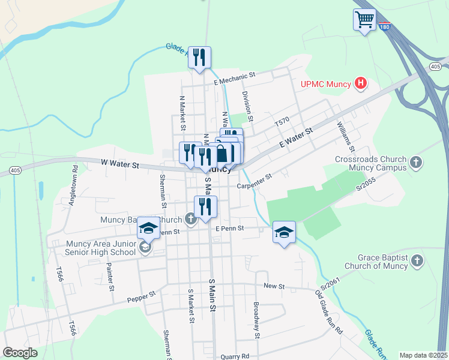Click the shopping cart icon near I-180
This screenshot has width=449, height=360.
(x=364, y=20)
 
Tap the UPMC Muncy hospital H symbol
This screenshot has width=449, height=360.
(x=360, y=83)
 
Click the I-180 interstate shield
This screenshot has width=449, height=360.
(x=385, y=26)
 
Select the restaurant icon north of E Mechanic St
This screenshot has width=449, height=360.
(x=199, y=58)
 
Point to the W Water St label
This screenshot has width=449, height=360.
(x=119, y=163)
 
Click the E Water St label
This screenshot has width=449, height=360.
(x=297, y=139)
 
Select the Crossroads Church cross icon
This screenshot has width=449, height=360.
(x=415, y=162)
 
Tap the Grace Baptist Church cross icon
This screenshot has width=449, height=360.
(x=417, y=260)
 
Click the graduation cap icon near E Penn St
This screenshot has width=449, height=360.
(x=285, y=232)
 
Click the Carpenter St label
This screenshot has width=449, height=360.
(x=255, y=181)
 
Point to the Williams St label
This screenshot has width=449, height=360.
(x=346, y=137)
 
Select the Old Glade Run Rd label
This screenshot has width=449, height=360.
(x=329, y=312)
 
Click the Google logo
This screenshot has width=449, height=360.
(x=20, y=352)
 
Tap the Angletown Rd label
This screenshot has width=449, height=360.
(x=74, y=190)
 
